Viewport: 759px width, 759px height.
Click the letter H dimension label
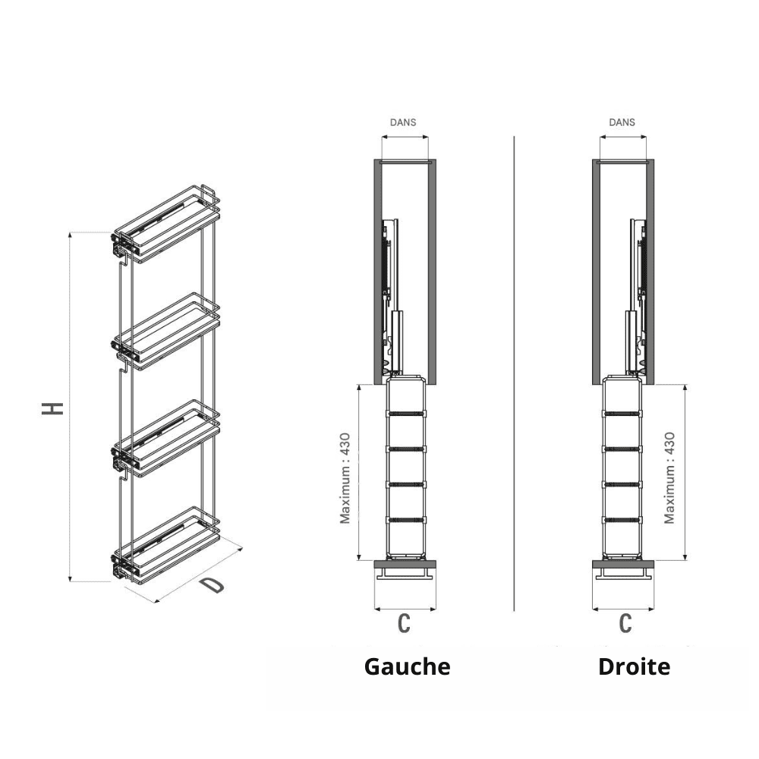tap(53, 408)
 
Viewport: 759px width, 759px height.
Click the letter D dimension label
tap(213, 584)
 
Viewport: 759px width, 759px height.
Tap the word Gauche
tap(407, 667)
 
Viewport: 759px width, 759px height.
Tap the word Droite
tap(634, 667)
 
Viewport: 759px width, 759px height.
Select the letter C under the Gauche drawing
tap(405, 623)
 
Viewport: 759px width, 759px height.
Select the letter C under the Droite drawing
tap(625, 623)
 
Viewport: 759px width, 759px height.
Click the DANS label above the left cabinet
tap(403, 122)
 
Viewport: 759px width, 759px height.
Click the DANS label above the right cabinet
tap(622, 122)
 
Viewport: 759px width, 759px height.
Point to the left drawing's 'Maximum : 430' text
tap(345, 478)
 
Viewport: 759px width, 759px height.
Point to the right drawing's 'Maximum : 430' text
tap(669, 478)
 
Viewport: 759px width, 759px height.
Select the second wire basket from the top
tap(165, 332)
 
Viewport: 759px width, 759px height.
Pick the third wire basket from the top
tap(165, 439)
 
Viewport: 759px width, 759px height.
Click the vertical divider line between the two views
tap(514, 373)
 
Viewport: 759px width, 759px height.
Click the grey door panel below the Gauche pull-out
tap(405, 564)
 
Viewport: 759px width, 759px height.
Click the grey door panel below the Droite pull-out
tap(623, 564)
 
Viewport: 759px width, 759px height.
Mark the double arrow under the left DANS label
tap(405, 137)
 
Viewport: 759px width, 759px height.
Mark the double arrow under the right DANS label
tap(623, 137)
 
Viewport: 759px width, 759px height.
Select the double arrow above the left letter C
tap(405, 609)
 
